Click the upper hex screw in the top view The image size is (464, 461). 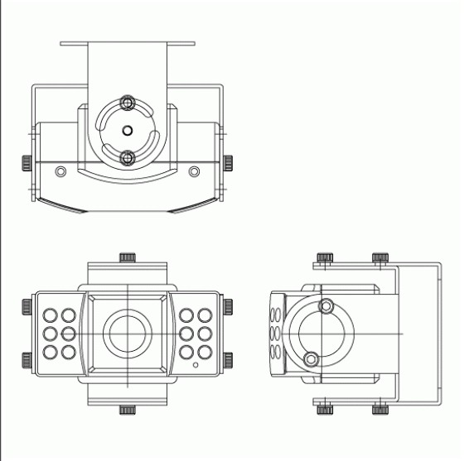click(x=127, y=103)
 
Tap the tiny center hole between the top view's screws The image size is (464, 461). click(x=127, y=130)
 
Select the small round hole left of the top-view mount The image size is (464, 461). click(x=59, y=171)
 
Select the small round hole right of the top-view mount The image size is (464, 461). click(x=194, y=171)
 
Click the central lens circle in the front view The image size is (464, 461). click(x=127, y=333)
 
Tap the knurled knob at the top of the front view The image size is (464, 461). click(x=127, y=257)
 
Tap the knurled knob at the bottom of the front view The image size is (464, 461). click(x=127, y=409)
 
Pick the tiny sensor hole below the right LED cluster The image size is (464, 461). click(x=196, y=365)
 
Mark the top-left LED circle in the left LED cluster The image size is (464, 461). click(x=50, y=315)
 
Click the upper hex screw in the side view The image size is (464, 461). click(x=325, y=305)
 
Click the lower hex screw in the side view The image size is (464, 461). click(x=312, y=358)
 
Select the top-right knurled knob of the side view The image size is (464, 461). click(x=380, y=258)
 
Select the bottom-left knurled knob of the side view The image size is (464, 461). click(x=325, y=408)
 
